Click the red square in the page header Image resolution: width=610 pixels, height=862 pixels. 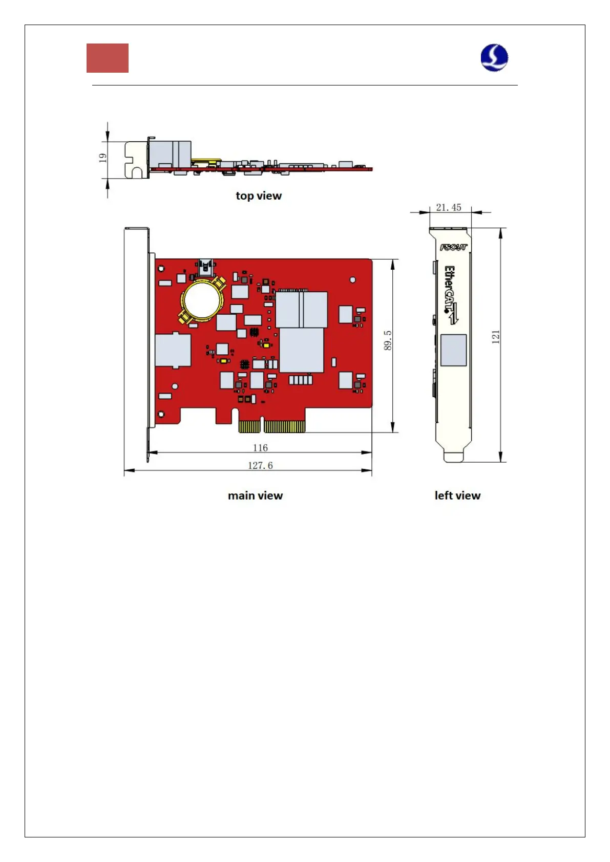click(x=107, y=58)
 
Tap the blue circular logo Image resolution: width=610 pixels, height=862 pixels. click(x=494, y=58)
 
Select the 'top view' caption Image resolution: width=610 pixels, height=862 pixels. click(x=259, y=196)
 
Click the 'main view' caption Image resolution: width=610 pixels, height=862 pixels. click(x=255, y=495)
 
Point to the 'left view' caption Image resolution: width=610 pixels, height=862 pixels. click(x=457, y=495)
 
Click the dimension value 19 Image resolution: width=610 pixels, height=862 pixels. click(x=102, y=158)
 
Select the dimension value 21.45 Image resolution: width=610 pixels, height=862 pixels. click(x=448, y=207)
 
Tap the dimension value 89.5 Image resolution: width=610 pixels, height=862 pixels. click(x=387, y=340)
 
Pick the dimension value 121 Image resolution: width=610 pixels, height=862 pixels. click(x=496, y=337)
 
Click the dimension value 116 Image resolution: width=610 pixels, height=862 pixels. click(x=260, y=448)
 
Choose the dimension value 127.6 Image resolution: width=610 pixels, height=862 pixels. click(x=260, y=466)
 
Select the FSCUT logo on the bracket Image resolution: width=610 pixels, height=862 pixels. click(x=453, y=247)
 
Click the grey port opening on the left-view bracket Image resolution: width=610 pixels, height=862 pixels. click(x=453, y=350)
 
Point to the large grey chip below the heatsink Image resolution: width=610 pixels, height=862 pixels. click(x=301, y=350)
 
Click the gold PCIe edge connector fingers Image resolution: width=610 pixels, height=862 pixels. click(x=272, y=426)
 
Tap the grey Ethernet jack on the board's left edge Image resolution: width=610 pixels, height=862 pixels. click(x=173, y=350)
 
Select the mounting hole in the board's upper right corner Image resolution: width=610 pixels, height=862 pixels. click(x=352, y=280)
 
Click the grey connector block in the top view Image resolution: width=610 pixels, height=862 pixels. click(x=170, y=154)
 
